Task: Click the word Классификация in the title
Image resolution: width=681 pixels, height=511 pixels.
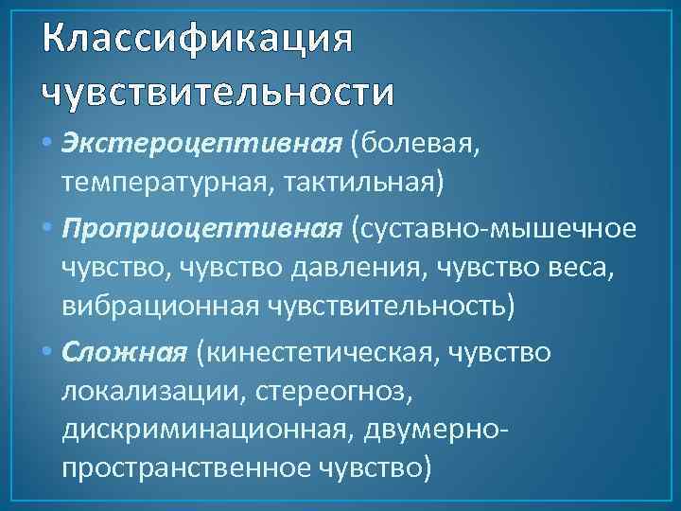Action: pos(197,40)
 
